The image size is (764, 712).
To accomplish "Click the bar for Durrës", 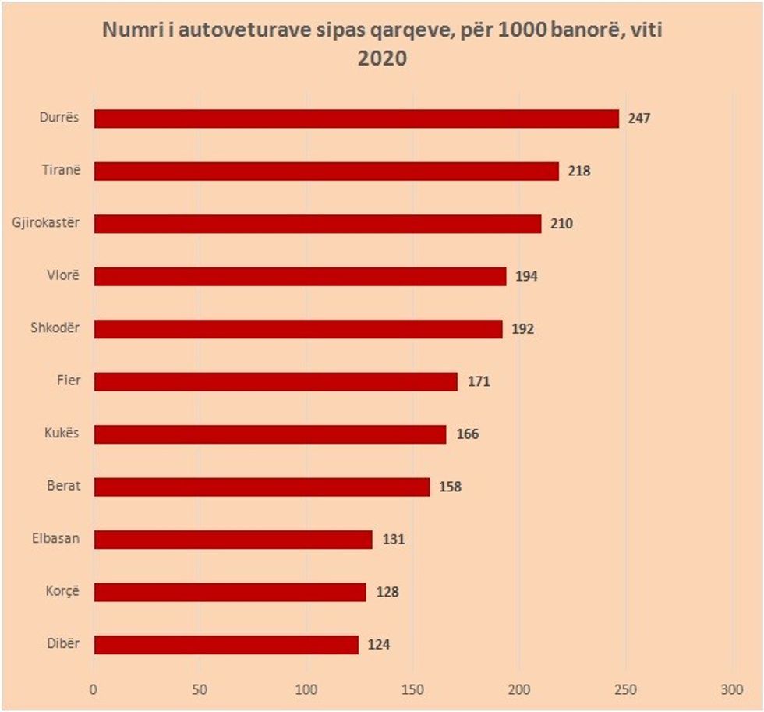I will click(356, 119).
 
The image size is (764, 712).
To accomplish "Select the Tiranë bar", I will click(327, 172).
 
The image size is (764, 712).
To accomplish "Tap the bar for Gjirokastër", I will click(317, 224).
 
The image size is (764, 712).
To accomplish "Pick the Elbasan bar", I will click(233, 540).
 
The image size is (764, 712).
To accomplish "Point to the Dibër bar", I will click(226, 645).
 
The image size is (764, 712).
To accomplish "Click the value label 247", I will click(638, 119).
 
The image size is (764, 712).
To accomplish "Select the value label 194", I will click(526, 277).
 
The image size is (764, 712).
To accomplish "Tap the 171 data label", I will click(478, 382).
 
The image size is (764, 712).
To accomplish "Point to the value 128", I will click(387, 592).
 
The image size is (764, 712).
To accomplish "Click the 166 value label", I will click(467, 434).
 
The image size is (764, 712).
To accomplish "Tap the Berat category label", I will click(64, 487).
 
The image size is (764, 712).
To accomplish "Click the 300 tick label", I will click(732, 689).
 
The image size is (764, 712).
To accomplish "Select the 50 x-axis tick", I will click(200, 689).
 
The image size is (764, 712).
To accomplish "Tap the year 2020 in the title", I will click(382, 58).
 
